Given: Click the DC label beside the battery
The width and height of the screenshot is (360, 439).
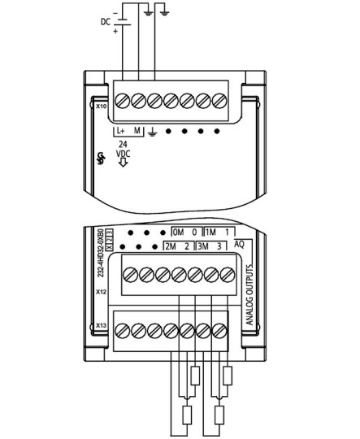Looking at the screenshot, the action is pyautogui.click(x=106, y=22).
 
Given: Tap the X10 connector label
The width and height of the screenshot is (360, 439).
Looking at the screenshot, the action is pyautogui.click(x=101, y=106).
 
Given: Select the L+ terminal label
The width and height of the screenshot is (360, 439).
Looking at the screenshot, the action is pyautogui.click(x=120, y=130).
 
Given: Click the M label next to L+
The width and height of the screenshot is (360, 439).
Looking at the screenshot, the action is pyautogui.click(x=137, y=130).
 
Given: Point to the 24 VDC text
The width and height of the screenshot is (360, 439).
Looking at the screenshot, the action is pyautogui.click(x=123, y=149).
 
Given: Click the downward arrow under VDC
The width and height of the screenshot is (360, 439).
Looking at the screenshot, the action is pyautogui.click(x=123, y=162).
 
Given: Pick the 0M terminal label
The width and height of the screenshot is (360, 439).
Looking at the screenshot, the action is pyautogui.click(x=178, y=232).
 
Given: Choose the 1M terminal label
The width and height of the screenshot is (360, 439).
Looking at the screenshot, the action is pyautogui.click(x=210, y=232).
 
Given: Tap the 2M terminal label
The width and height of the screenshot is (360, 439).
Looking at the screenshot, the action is pyautogui.click(x=171, y=246).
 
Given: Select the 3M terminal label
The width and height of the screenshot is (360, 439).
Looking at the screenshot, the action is pyautogui.click(x=202, y=246).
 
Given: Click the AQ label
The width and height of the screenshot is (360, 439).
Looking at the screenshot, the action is pyautogui.click(x=239, y=245).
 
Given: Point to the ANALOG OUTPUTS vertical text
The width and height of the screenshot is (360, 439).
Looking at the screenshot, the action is pyautogui.click(x=249, y=294).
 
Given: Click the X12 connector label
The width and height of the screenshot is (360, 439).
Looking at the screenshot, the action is pyautogui.click(x=101, y=292).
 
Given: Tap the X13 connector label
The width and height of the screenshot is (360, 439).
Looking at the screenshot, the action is pyautogui.click(x=101, y=325).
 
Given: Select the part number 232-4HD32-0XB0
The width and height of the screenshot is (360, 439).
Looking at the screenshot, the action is pyautogui.click(x=101, y=253).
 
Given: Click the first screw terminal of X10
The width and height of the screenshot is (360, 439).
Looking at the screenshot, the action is pyautogui.click(x=123, y=101).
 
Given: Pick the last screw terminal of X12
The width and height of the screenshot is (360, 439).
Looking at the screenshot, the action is pyautogui.click(x=228, y=275).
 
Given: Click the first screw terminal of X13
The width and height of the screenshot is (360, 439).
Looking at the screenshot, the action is pyautogui.click(x=123, y=331).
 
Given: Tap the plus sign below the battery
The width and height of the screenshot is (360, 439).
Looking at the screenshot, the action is pyautogui.click(x=115, y=31).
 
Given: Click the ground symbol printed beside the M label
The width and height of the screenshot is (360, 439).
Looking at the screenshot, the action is pyautogui.click(x=153, y=132).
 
